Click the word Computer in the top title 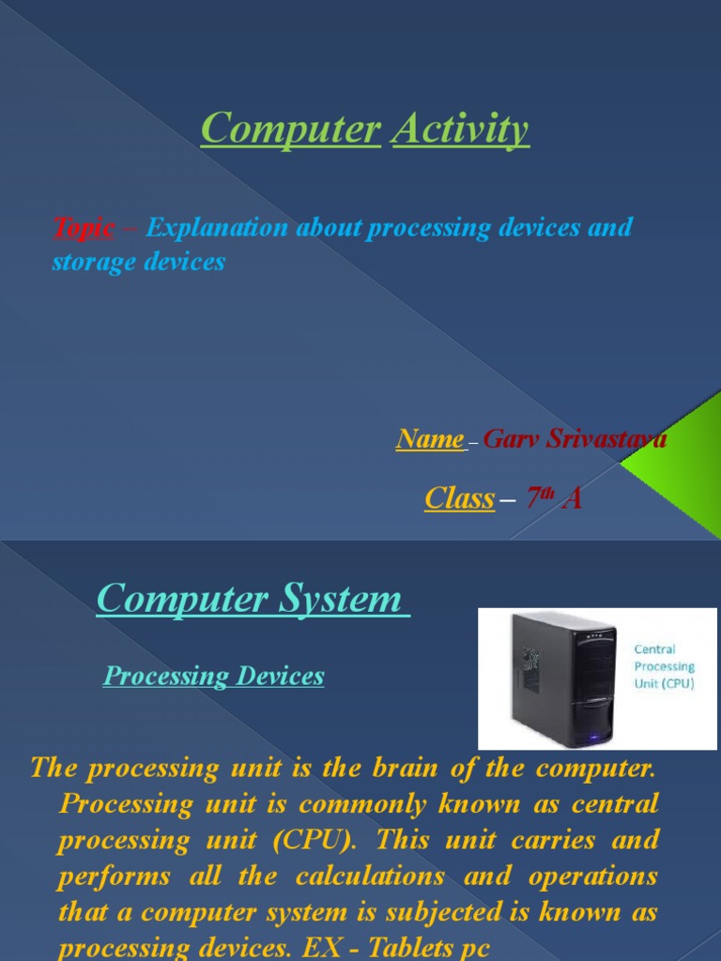point(290,130)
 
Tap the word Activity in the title point(460,130)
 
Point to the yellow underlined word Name point(430,438)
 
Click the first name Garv point(513,438)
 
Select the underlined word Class point(459,498)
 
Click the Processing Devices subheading point(213,676)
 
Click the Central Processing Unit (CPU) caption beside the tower point(664,666)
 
